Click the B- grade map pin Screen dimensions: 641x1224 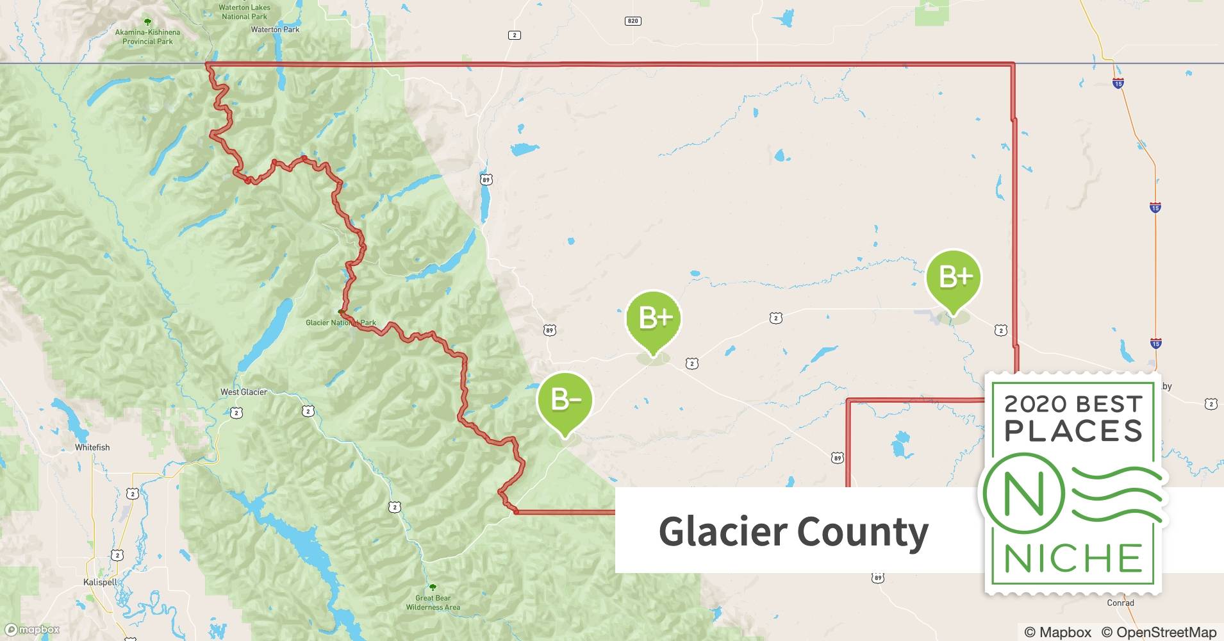(x=565, y=401)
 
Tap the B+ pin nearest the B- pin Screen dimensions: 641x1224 (x=653, y=319)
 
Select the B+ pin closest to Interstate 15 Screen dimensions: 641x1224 (x=954, y=278)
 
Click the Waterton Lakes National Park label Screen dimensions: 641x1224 (x=244, y=12)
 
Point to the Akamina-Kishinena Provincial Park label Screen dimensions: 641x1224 (x=147, y=37)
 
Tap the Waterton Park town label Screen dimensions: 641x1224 (x=275, y=29)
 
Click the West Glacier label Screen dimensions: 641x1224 (x=244, y=392)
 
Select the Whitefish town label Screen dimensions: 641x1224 (x=92, y=447)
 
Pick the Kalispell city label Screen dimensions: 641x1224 (x=101, y=583)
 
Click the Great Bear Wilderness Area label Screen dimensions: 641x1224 (x=433, y=603)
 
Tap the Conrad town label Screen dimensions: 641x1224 (x=1120, y=603)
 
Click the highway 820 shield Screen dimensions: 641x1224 (x=633, y=21)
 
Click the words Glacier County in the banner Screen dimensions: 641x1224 (x=793, y=531)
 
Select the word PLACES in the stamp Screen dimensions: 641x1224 (x=1073, y=431)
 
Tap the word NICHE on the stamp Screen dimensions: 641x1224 (x=1073, y=558)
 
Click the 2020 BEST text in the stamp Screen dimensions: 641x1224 (x=1073, y=404)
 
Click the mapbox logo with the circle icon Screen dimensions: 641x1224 (x=33, y=630)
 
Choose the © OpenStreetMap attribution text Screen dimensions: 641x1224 (x=1159, y=632)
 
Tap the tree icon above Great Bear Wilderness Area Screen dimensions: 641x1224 (x=433, y=587)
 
